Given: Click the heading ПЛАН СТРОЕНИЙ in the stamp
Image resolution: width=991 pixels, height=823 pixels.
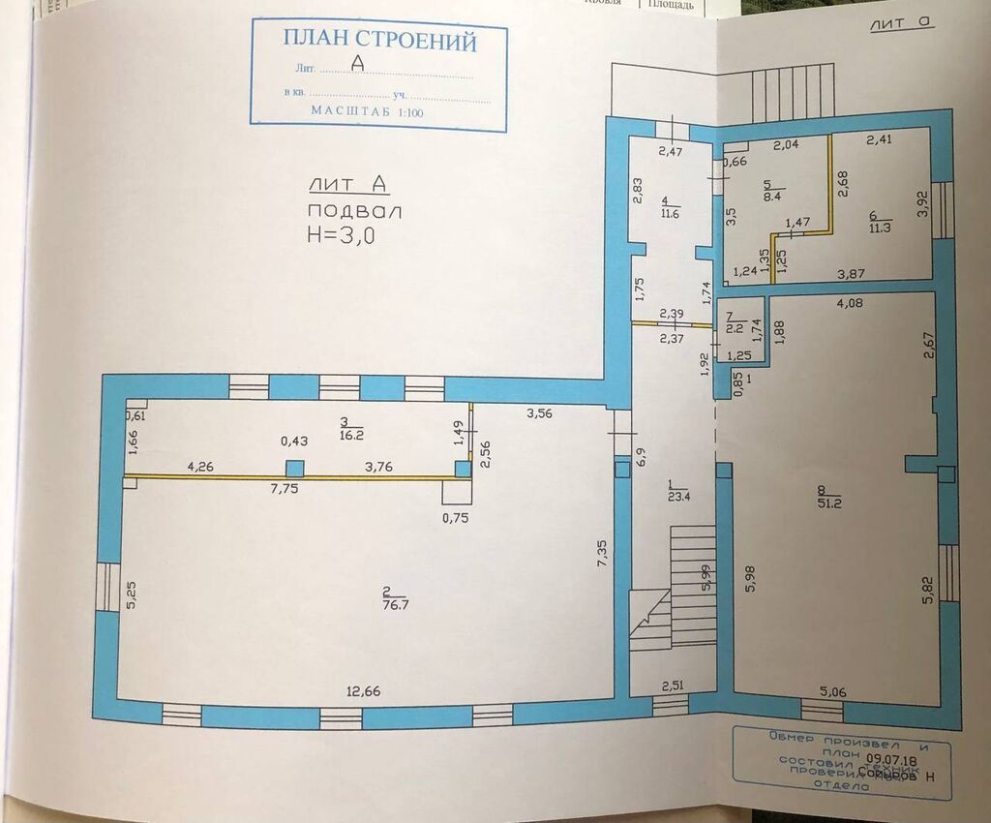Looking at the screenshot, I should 379,41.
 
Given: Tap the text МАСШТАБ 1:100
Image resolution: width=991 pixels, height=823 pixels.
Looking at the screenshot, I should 367,111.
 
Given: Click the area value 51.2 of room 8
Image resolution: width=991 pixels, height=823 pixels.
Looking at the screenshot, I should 831,503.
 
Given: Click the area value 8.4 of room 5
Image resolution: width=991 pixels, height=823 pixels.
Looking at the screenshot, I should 774,195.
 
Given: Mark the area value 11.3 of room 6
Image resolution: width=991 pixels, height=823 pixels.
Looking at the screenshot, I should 879,228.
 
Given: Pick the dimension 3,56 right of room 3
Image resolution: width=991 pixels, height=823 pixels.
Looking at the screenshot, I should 539,413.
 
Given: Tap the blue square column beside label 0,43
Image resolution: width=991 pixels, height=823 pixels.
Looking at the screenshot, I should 296,468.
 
